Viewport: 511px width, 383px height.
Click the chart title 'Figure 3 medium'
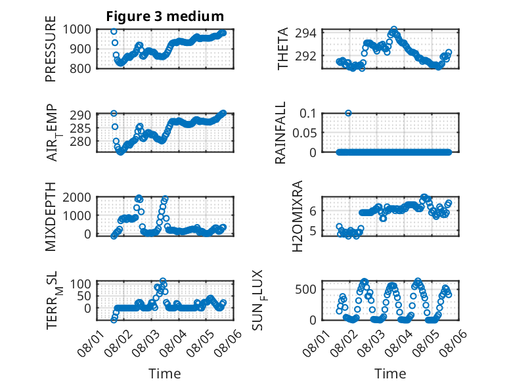[165, 16]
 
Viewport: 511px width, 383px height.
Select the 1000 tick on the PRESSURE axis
[77, 30]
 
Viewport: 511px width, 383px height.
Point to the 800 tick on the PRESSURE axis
[80, 68]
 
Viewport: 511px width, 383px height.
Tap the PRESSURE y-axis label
[51, 49]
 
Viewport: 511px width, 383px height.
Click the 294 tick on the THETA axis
[305, 33]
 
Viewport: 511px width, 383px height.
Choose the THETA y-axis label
[283, 49]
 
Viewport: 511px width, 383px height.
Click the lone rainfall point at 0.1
[348, 113]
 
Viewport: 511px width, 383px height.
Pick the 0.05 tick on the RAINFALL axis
[304, 133]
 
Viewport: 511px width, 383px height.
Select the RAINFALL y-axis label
[280, 133]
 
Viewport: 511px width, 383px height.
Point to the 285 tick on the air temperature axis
[80, 128]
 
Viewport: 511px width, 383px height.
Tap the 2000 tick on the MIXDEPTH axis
[77, 197]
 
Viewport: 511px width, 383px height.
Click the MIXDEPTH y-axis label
[51, 217]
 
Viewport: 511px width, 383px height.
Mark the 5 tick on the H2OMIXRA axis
[313, 231]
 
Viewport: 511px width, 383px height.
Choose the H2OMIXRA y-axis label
[298, 216]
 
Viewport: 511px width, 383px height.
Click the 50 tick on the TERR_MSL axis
[84, 296]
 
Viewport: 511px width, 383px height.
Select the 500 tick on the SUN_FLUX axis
[305, 289]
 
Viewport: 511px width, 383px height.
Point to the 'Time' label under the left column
[165, 374]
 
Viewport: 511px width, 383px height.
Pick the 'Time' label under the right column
[390, 374]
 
